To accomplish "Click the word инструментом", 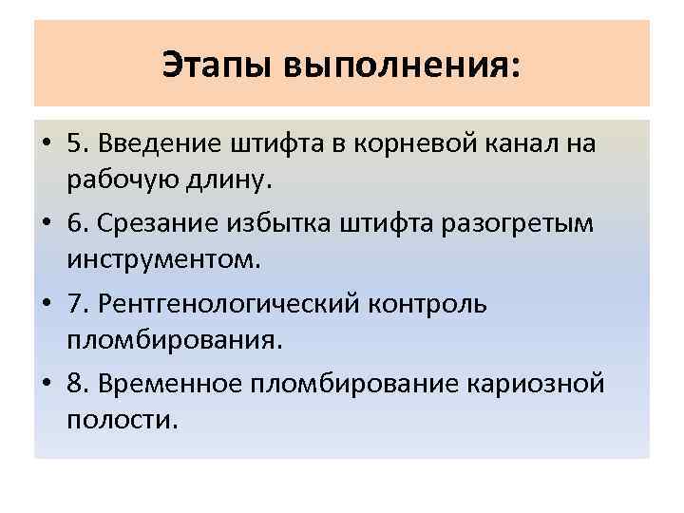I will [162, 257].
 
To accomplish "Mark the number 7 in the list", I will [75, 304].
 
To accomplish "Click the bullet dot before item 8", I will [45, 384].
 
